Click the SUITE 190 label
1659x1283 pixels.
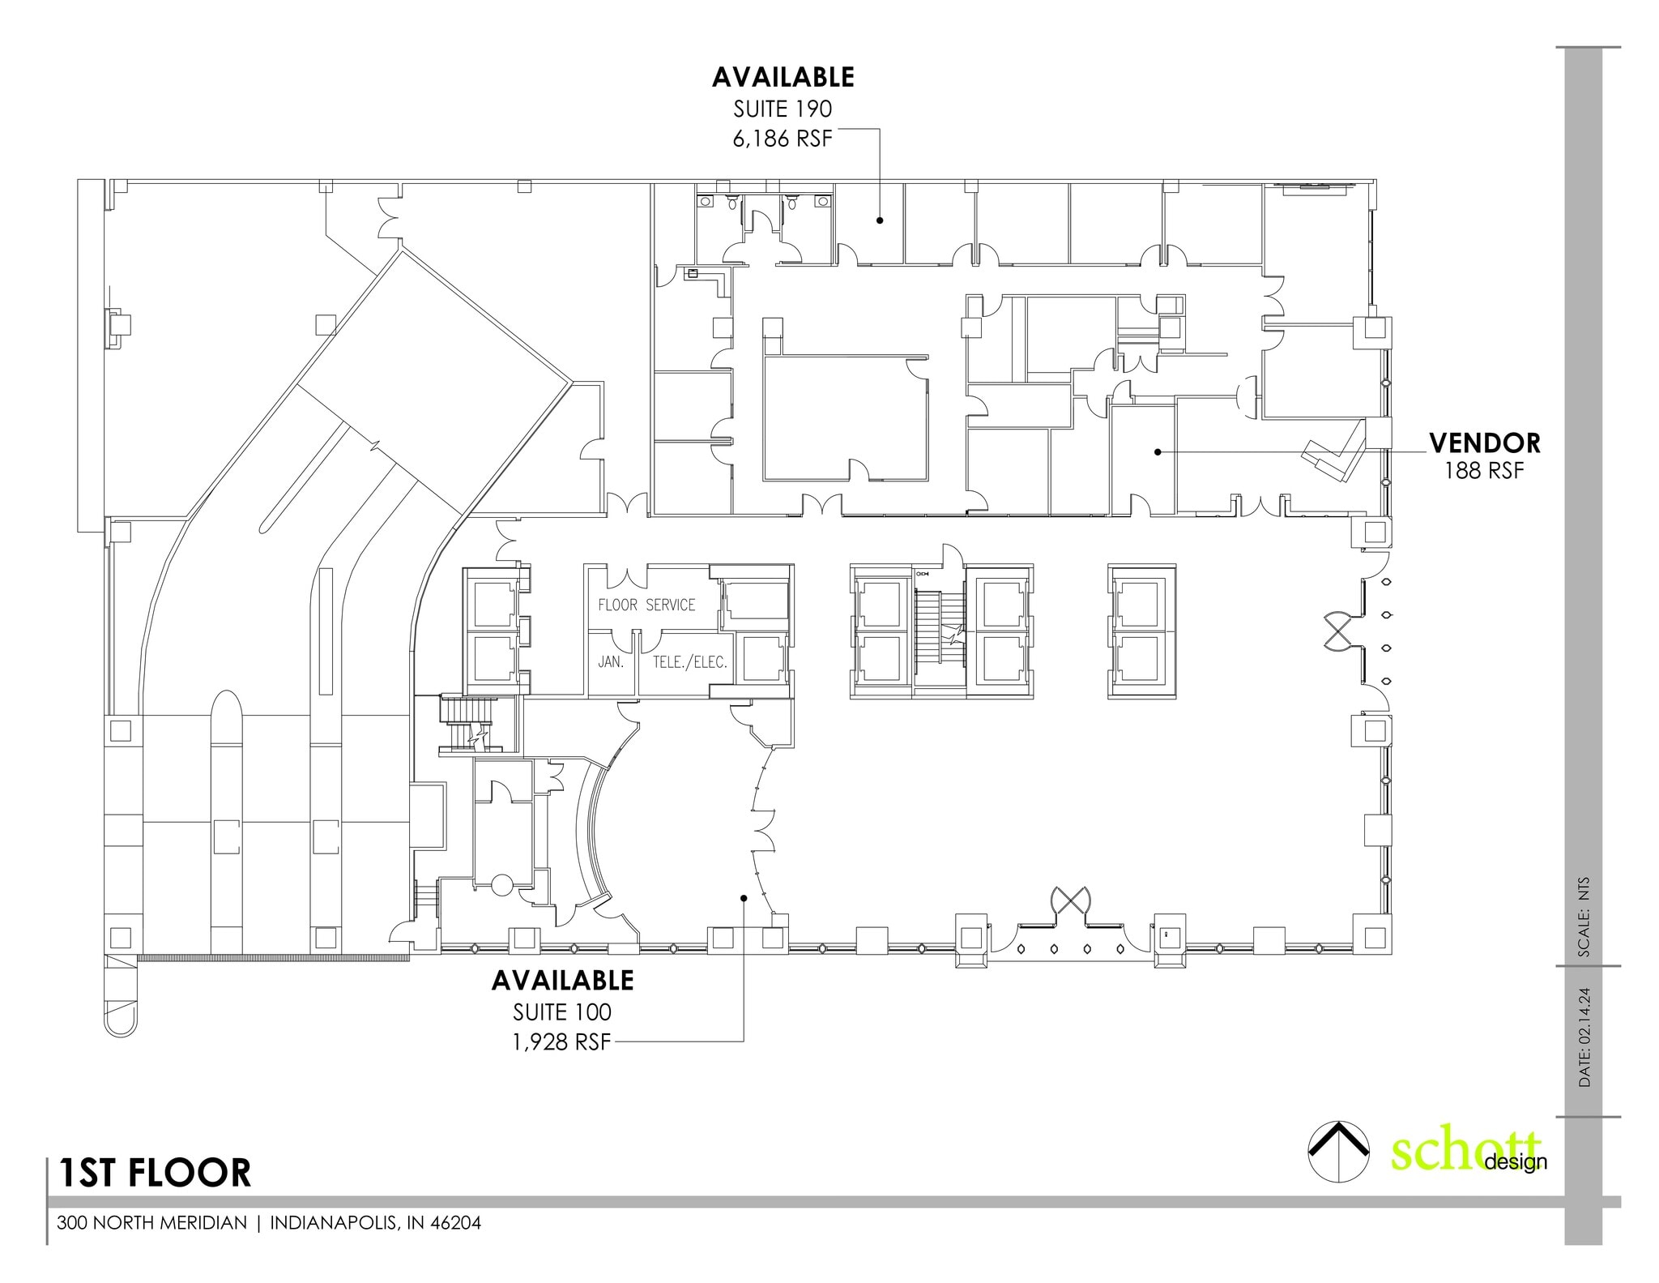point(783,109)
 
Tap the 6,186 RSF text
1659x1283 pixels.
point(783,139)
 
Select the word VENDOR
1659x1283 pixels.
point(1484,443)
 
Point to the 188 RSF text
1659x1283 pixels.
point(1484,471)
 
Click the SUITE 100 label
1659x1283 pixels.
point(562,1012)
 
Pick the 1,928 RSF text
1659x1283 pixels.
point(561,1042)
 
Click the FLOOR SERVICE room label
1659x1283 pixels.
point(646,605)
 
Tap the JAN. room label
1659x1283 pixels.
point(611,661)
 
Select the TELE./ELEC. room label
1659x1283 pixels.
point(690,661)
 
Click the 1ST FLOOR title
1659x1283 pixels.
point(155,1173)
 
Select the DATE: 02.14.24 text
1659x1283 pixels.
point(1584,1037)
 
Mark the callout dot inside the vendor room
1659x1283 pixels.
point(1158,451)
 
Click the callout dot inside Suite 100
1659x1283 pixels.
point(743,897)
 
